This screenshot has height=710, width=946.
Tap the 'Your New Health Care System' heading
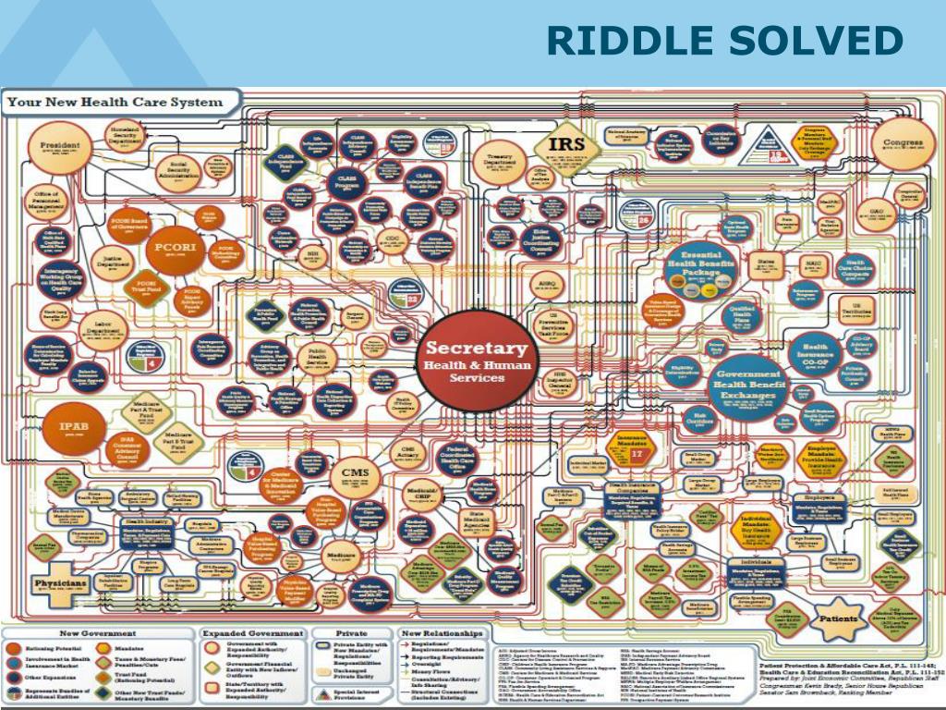pos(116,102)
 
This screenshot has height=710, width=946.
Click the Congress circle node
pos(902,146)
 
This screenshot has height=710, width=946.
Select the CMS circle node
pos(355,474)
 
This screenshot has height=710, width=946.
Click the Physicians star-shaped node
pos(62,585)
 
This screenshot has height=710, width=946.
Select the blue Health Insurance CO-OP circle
pos(815,351)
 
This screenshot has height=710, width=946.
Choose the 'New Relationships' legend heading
pos(442,634)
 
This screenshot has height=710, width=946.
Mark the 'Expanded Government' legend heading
pos(251,634)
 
